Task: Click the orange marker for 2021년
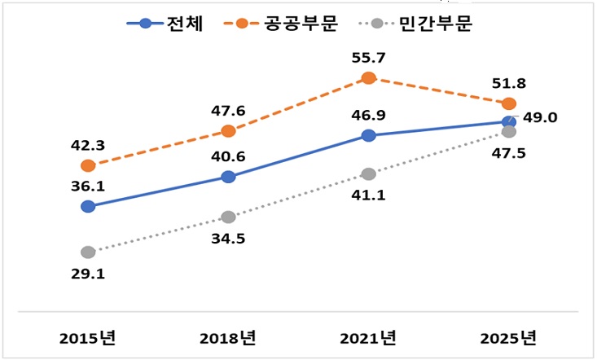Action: (369, 78)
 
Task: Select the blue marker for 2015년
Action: (88, 206)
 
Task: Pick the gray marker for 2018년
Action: (228, 217)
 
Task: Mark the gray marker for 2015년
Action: (88, 252)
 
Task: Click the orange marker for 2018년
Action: (228, 130)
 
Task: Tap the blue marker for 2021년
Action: (369, 135)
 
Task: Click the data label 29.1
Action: (88, 274)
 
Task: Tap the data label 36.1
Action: (88, 186)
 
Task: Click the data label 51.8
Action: (509, 82)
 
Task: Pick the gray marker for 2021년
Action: (369, 173)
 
